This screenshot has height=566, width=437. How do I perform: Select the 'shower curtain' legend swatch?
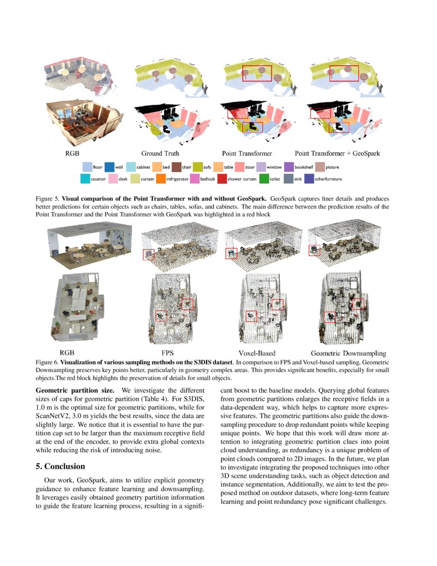pos(221,179)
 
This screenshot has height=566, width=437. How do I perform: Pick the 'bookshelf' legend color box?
pos(288,167)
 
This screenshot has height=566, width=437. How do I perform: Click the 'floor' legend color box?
pos(87,167)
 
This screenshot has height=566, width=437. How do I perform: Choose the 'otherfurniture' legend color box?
pos(308,179)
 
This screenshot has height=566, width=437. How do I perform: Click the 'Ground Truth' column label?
pos(160,153)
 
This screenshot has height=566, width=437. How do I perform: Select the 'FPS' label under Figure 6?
pos(168,353)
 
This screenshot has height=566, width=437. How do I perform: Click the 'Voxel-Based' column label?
pos(257,353)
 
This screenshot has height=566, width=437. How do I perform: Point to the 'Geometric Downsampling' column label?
pos(348,353)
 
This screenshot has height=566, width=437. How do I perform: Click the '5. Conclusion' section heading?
pos(60,466)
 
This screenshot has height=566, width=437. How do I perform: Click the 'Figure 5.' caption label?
pos(47,198)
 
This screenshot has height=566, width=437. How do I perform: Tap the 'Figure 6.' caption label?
pos(47,362)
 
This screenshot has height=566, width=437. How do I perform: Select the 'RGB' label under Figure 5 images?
pos(71,153)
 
